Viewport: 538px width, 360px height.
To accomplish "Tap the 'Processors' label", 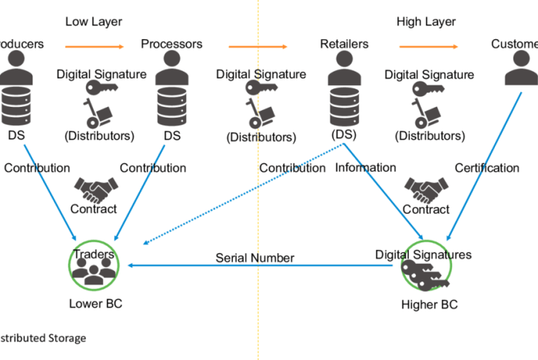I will click(171, 44).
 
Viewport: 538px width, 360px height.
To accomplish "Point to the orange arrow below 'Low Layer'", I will click(91, 48).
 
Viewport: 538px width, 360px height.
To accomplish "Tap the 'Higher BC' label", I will click(430, 305).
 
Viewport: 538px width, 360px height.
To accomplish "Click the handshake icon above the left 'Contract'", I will click(95, 188).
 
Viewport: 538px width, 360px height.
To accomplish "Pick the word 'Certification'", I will click(487, 167).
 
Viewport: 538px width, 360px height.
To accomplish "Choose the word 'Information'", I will click(366, 167).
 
